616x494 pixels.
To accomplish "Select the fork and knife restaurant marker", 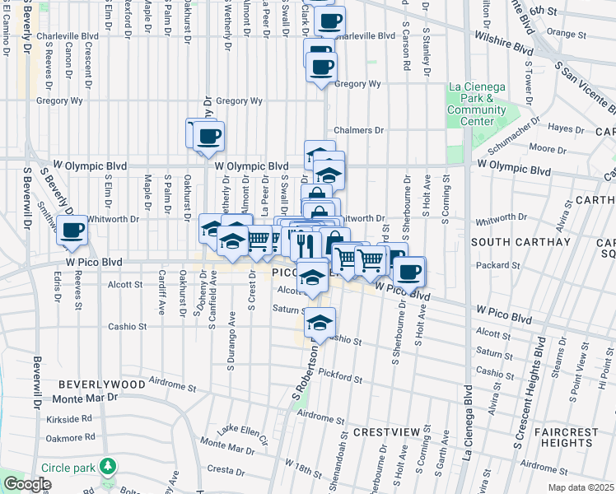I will click(304, 244).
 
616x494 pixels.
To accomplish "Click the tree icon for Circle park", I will click(107, 468).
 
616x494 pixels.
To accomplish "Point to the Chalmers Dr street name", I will click(359, 130).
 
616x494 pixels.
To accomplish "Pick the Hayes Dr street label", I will click(566, 128).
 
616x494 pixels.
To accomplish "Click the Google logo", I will click(27, 484).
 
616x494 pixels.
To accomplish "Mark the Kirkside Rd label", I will click(69, 418).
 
